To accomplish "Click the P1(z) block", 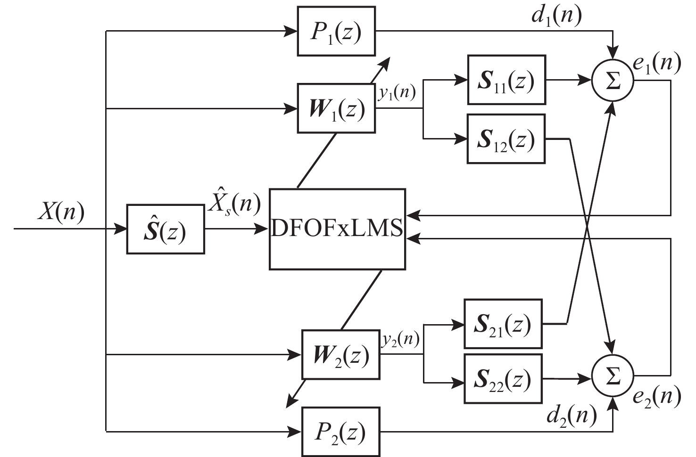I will click(336, 31).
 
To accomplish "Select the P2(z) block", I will click(340, 432).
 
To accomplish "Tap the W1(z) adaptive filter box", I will click(336, 108).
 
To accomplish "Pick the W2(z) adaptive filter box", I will click(340, 354).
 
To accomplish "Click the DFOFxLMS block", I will click(337, 229).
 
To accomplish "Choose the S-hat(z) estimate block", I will click(166, 229).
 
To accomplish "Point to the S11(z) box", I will click(506, 80).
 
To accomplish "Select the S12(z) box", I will click(506, 139).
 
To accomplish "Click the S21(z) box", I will click(503, 324).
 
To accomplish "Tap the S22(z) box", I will click(503, 378).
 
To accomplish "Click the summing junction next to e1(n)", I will click(613, 81).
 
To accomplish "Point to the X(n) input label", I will click(61, 212).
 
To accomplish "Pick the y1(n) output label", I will click(397, 92).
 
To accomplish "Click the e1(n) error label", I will click(657, 63).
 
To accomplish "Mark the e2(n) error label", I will click(657, 397).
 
